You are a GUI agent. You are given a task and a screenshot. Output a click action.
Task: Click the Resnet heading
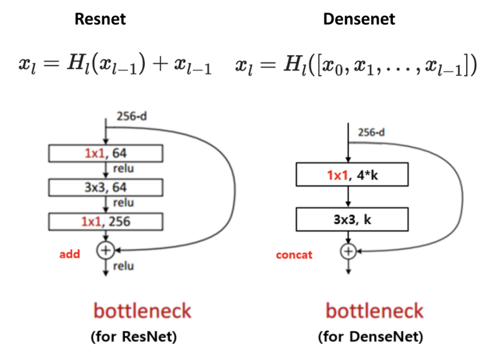click(100, 19)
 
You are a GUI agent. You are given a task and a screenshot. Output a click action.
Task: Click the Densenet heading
click(359, 19)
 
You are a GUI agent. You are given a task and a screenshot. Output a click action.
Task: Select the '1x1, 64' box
click(106, 153)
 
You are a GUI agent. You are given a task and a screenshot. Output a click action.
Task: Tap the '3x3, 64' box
click(106, 187)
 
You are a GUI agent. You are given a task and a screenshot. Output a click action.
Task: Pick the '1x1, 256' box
click(106, 222)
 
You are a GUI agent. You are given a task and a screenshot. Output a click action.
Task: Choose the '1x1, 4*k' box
click(352, 175)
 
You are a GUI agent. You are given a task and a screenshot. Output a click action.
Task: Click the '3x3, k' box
click(352, 220)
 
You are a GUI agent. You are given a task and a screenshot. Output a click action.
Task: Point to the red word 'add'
click(70, 254)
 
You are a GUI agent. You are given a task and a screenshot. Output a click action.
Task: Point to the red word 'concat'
click(294, 255)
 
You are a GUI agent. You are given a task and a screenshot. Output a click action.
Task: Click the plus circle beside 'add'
click(106, 250)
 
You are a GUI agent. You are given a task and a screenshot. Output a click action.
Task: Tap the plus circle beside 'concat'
click(349, 252)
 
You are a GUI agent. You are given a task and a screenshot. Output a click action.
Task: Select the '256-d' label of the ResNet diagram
click(132, 116)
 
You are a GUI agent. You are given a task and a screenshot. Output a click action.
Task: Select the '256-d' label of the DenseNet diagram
click(371, 132)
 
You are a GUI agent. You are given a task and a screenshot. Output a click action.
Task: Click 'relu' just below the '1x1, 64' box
click(123, 168)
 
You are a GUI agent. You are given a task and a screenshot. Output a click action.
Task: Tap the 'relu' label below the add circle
click(123, 266)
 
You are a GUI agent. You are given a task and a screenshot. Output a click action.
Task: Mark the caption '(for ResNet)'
click(134, 337)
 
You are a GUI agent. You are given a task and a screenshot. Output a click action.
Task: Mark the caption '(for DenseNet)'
click(370, 337)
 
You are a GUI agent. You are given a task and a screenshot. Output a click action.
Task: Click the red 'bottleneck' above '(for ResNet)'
click(142, 311)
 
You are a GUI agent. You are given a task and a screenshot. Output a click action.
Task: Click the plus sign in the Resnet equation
click(160, 65)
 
